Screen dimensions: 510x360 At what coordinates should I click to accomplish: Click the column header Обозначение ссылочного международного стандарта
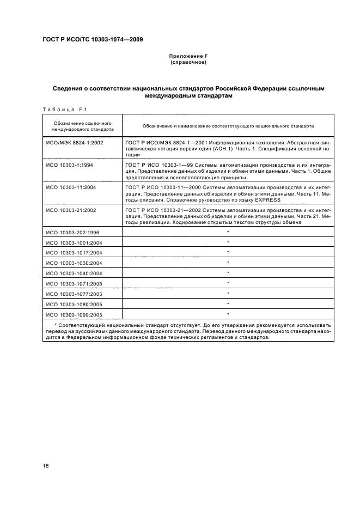tap(82, 126)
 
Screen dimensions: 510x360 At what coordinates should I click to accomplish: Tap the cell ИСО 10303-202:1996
tap(73, 232)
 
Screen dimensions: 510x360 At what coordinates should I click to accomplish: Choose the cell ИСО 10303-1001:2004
tap(74, 242)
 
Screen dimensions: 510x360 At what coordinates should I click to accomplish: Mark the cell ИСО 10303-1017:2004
tap(74, 252)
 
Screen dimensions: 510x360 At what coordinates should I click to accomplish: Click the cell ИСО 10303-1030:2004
tap(74, 263)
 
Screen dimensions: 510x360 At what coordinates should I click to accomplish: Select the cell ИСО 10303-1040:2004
tap(74, 273)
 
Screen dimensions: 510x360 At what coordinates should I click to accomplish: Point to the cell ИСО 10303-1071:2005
tap(74, 283)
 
